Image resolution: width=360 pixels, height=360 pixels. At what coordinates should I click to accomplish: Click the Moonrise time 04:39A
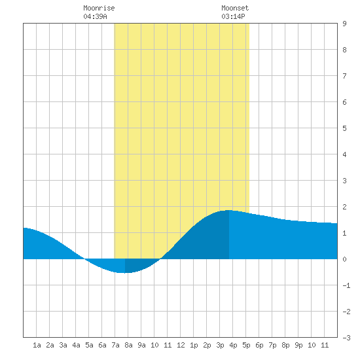pyautogui.click(x=96, y=16)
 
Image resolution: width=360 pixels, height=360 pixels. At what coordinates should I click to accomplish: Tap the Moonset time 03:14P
pyautogui.click(x=233, y=16)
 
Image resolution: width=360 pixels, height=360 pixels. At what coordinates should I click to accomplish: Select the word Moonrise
pyautogui.click(x=99, y=8)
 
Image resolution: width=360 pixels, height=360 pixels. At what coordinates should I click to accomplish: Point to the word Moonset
pyautogui.click(x=235, y=8)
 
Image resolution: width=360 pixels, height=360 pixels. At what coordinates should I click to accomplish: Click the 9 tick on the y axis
pyautogui.click(x=344, y=24)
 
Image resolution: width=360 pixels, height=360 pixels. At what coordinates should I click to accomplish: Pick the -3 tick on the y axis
pyautogui.click(x=346, y=338)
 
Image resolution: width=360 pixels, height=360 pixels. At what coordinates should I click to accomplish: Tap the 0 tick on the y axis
pyautogui.click(x=344, y=259)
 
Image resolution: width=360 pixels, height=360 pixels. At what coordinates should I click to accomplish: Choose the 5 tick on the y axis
pyautogui.click(x=344, y=128)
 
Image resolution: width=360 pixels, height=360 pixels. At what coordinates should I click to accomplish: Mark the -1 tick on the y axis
pyautogui.click(x=346, y=285)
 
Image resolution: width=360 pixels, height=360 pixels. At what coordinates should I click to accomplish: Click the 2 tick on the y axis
pyautogui.click(x=344, y=207)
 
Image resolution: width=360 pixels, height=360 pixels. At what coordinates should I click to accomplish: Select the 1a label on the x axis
pyautogui.click(x=37, y=345)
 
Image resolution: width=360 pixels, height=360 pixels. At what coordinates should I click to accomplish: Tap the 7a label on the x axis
pyautogui.click(x=115, y=345)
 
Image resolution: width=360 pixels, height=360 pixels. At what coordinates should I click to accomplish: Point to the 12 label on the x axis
pyautogui.click(x=181, y=345)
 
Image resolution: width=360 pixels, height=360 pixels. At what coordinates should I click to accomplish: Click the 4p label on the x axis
pyautogui.click(x=233, y=345)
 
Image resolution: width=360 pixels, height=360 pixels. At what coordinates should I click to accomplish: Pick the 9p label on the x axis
pyautogui.click(x=298, y=345)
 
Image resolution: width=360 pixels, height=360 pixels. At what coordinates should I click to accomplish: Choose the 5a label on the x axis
pyautogui.click(x=89, y=345)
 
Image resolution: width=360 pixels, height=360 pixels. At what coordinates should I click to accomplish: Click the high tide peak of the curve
pyautogui.click(x=228, y=210)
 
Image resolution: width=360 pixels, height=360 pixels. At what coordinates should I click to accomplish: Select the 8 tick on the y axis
pyautogui.click(x=344, y=50)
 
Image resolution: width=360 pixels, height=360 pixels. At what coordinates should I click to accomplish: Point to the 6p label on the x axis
pyautogui.click(x=259, y=345)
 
